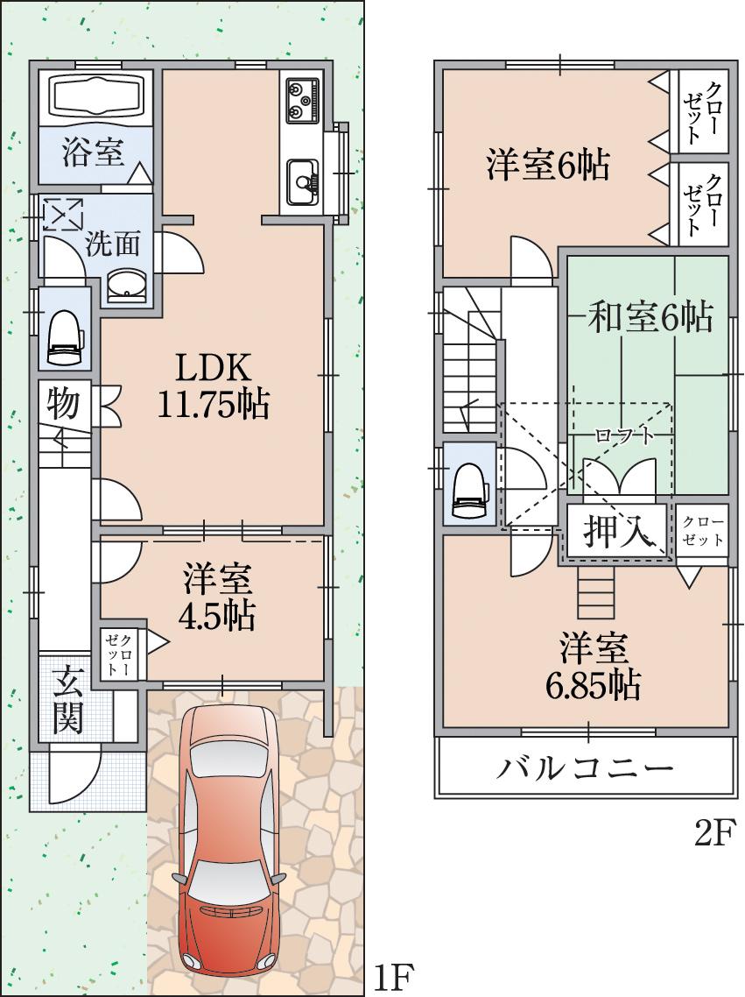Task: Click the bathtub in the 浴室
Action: (x=96, y=97)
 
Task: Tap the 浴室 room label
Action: (x=92, y=152)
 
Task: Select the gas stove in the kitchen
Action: (x=301, y=99)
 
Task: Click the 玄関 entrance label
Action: (x=67, y=698)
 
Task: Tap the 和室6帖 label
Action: (x=649, y=316)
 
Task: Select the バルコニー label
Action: (x=587, y=768)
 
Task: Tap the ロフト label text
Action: (x=623, y=435)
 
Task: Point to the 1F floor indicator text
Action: (x=392, y=975)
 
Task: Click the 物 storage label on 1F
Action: (x=63, y=405)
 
